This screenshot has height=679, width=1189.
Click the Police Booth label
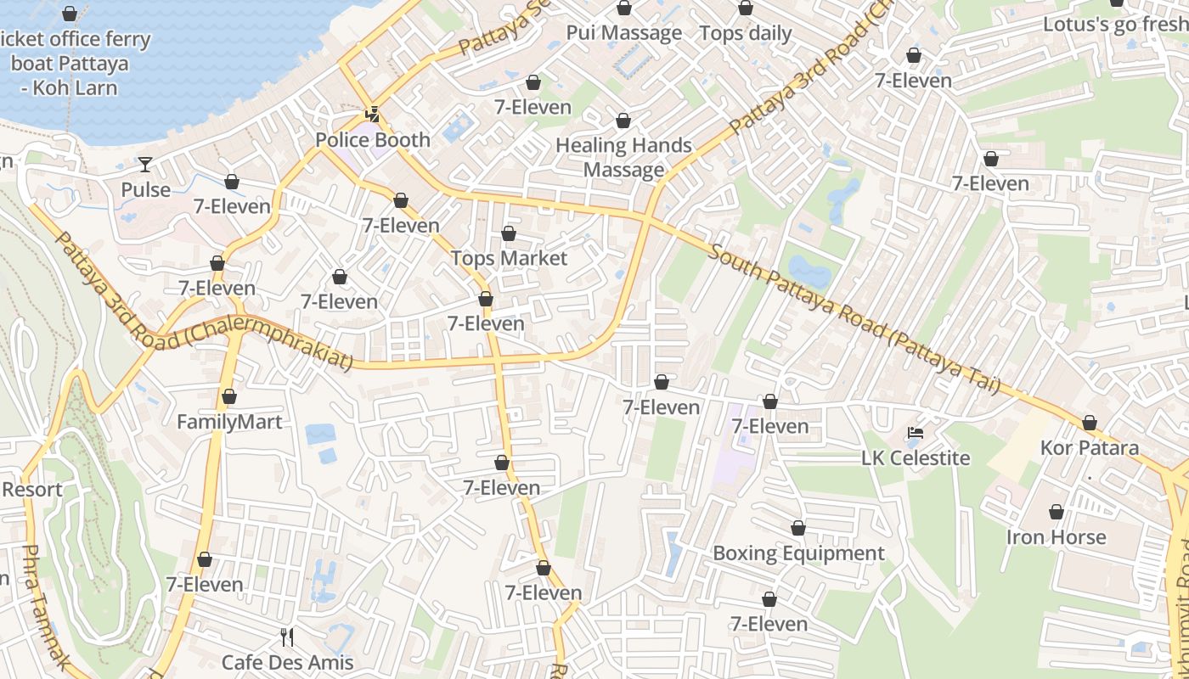[373, 140]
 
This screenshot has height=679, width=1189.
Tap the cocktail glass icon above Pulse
[145, 164]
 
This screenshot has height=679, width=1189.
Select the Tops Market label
[509, 258]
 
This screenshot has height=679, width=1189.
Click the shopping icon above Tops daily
[746, 8]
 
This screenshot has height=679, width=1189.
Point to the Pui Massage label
[624, 34]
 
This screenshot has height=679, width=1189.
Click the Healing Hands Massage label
[623, 158]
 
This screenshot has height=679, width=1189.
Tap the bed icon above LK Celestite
[915, 433]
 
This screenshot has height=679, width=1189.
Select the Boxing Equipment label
[798, 553]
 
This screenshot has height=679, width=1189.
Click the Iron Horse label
[1056, 537]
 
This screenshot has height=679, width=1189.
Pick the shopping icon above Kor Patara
[1090, 423]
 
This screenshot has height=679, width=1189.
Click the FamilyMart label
[229, 422]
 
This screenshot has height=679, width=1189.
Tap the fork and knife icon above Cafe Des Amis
[287, 637]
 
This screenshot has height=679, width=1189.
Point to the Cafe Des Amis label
[287, 662]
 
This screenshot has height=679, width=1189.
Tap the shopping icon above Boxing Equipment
[798, 528]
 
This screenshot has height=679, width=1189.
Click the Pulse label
[146, 189]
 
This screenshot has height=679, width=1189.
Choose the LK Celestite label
[916, 458]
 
